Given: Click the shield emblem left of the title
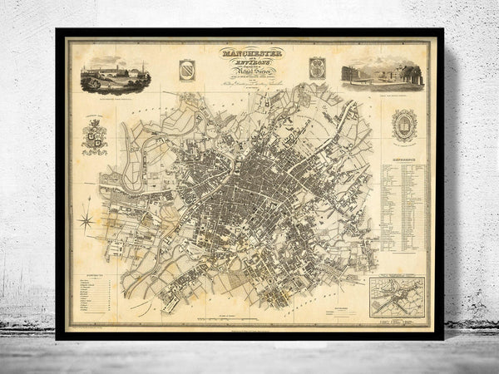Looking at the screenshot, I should (x=185, y=68).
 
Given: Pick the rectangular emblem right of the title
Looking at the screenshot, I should (x=315, y=67).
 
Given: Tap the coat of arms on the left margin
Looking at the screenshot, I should (x=94, y=136).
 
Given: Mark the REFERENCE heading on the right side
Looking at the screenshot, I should (x=404, y=156).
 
